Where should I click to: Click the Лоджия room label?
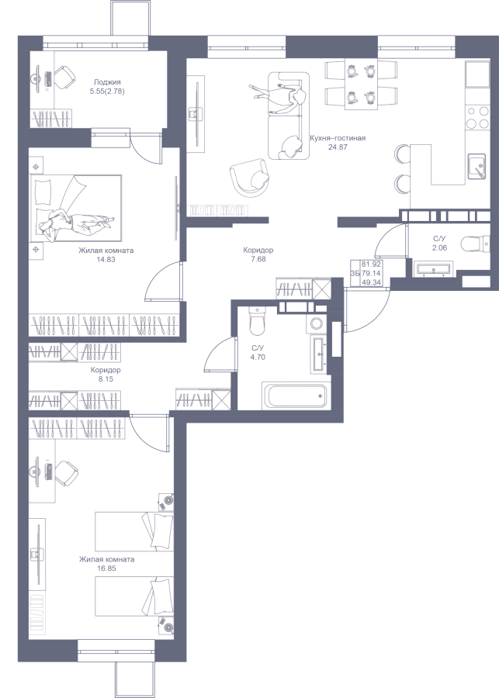[107, 82]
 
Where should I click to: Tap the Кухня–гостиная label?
[338, 139]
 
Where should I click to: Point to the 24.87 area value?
[338, 147]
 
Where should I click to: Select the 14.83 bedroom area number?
[106, 260]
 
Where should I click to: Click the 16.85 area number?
[106, 568]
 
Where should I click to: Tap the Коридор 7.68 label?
[258, 254]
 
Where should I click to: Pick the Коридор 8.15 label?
[106, 375]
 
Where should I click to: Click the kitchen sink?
[476, 166]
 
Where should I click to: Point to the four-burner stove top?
[477, 118]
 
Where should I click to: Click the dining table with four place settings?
[362, 83]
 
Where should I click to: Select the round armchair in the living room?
[251, 177]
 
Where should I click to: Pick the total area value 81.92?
[371, 264]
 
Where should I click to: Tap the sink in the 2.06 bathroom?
[432, 269]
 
